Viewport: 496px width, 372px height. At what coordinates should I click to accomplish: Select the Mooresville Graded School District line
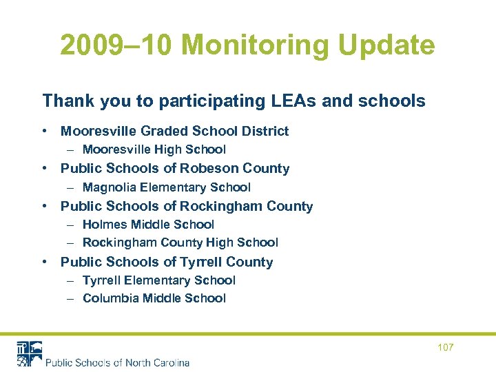(x=174, y=131)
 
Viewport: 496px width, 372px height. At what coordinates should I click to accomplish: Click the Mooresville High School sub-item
(x=154, y=149)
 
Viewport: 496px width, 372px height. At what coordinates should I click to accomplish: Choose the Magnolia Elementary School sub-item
(x=166, y=187)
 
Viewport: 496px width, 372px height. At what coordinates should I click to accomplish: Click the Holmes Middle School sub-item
(x=148, y=225)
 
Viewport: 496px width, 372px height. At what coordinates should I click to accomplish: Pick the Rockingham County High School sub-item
(x=180, y=242)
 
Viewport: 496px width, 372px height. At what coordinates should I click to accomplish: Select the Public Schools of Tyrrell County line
(x=167, y=262)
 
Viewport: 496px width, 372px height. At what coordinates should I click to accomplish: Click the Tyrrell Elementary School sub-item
(x=158, y=280)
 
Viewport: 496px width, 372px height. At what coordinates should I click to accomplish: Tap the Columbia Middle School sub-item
(x=154, y=298)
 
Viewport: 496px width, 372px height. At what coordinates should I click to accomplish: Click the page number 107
(x=446, y=347)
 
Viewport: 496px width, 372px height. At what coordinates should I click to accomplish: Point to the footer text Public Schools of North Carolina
(x=117, y=362)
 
